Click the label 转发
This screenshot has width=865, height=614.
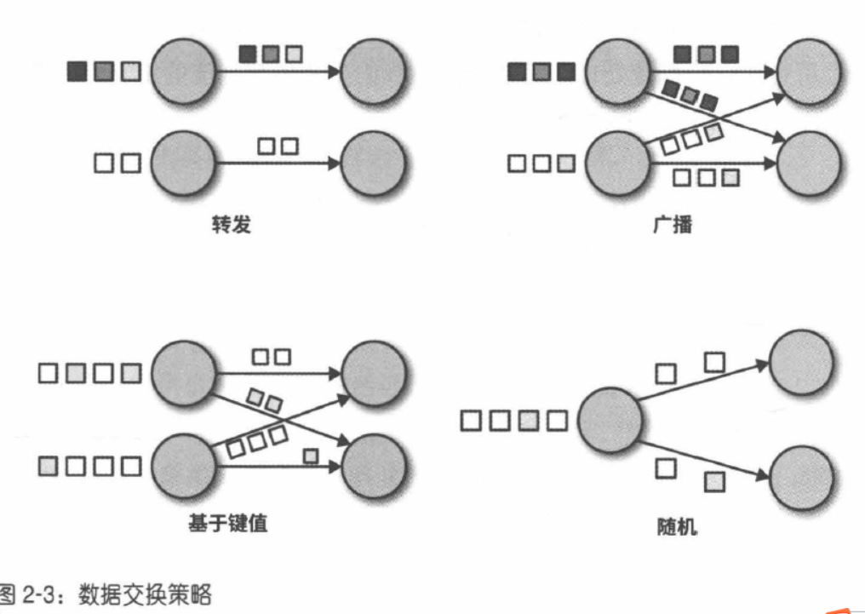(232, 227)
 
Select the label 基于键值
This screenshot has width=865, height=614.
(227, 523)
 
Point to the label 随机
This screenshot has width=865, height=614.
(673, 528)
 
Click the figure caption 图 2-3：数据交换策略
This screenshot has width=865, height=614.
(106, 594)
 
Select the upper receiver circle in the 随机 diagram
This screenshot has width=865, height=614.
(800, 361)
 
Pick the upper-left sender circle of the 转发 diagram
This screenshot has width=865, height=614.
(183, 71)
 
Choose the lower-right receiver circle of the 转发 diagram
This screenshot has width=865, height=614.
(372, 163)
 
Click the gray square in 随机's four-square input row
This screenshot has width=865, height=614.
(528, 420)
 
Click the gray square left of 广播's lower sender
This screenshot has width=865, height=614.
(566, 163)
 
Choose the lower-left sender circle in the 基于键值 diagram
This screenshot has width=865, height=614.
(183, 465)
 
